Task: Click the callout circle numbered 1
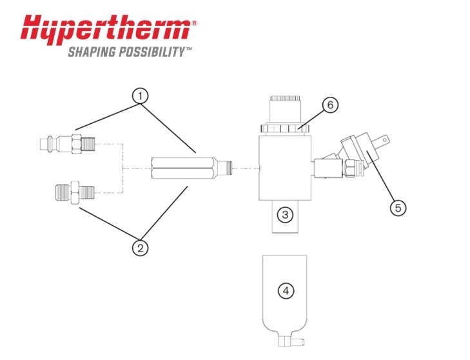tap(141, 96)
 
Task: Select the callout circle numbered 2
tap(141, 248)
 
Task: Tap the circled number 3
tap(285, 214)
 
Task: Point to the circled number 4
tap(286, 291)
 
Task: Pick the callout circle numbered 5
tap(398, 208)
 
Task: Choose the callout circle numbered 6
tap(330, 105)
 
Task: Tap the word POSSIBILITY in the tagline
tap(152, 52)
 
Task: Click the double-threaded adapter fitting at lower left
tap(75, 192)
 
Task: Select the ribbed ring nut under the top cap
tap(285, 128)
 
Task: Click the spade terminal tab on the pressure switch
tap(383, 139)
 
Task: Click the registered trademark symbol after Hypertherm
tap(194, 23)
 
